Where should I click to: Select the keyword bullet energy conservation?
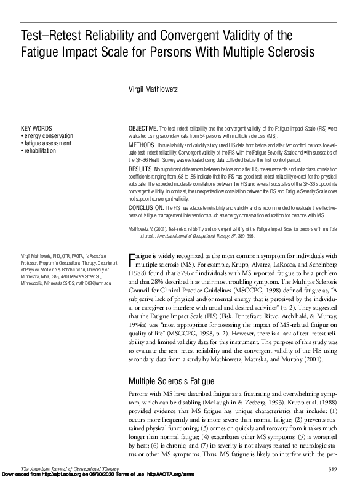(48, 135)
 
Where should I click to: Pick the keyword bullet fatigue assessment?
(47, 143)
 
